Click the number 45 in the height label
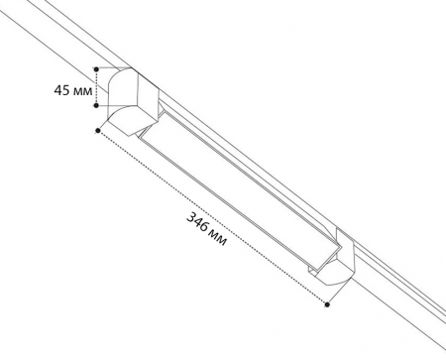coord(61,90)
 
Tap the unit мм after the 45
coord(82,91)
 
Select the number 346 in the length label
coord(197,221)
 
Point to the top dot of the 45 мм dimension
coord(96,69)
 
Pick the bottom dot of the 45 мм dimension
coord(96,105)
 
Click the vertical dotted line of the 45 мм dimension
coord(96,87)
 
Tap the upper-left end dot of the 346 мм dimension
coord(98,131)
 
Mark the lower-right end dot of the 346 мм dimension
coord(327,304)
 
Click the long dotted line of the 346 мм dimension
coord(212,217)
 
